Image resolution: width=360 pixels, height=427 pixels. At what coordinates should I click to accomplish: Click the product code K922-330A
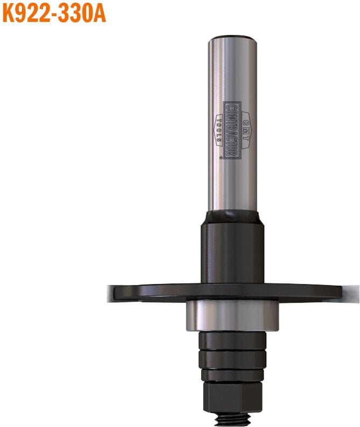pyautogui.click(x=53, y=12)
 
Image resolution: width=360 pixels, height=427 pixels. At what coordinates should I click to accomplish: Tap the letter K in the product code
pyautogui.click(x=9, y=12)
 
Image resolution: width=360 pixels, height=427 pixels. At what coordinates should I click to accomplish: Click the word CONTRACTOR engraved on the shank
pyautogui.click(x=232, y=130)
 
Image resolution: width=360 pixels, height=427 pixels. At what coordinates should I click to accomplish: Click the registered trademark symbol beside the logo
pyautogui.click(x=221, y=157)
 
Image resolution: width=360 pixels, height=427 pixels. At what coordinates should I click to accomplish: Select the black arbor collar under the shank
pyautogui.click(x=232, y=250)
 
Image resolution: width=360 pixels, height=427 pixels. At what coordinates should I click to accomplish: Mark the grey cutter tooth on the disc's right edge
pyautogui.click(x=350, y=293)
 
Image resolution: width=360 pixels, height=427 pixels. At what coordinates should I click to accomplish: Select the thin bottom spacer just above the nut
pyautogui.click(x=232, y=376)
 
